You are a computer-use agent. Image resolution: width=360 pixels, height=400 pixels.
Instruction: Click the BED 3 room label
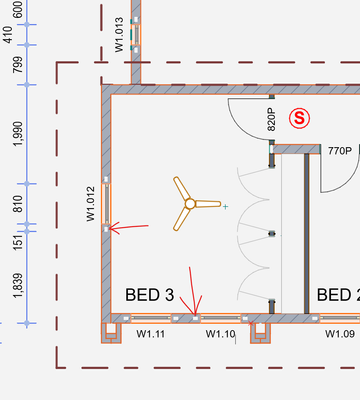click(x=150, y=295)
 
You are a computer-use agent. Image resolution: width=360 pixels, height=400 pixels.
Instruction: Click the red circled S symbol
click(x=299, y=118)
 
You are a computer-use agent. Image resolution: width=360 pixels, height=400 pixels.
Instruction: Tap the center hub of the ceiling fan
click(x=190, y=204)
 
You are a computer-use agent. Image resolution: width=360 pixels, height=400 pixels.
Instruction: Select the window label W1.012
click(x=91, y=204)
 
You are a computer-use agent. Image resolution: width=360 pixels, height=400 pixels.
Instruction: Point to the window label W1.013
click(x=119, y=35)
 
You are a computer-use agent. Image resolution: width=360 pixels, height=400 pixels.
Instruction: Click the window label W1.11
click(x=151, y=334)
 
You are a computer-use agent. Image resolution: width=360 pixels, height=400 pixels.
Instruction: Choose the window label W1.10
click(x=220, y=334)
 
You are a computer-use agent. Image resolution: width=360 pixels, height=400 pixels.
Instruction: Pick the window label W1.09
click(x=340, y=334)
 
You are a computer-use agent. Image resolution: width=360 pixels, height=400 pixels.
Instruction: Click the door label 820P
click(x=272, y=119)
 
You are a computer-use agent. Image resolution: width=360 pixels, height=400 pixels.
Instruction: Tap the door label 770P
click(x=340, y=151)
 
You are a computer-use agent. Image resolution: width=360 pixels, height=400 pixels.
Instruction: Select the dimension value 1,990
click(x=19, y=134)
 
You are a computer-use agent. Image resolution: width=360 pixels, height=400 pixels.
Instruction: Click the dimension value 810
click(x=19, y=204)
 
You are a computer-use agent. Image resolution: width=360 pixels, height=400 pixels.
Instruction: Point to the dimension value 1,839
click(x=19, y=286)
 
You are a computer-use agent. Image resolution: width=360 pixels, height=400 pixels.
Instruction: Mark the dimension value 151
click(x=19, y=241)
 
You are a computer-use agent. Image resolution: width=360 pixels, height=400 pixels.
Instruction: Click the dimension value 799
click(x=19, y=65)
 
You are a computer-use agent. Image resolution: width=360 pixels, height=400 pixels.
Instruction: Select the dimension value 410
click(x=8, y=35)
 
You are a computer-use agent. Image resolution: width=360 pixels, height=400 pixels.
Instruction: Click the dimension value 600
click(x=19, y=9)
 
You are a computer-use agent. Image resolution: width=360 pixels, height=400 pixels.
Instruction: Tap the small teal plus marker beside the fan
click(x=226, y=207)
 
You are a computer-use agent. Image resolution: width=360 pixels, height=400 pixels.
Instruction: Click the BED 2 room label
click(x=338, y=295)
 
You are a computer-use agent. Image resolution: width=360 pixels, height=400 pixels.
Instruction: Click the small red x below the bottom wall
click(x=251, y=323)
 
